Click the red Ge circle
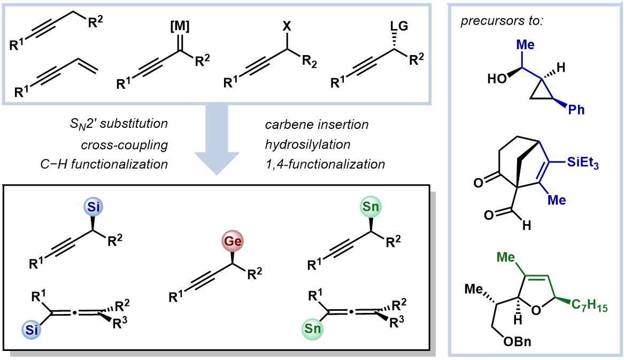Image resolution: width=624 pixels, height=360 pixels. [233, 241]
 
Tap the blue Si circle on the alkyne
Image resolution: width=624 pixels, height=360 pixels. [93, 207]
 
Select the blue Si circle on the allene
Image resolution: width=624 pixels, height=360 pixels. [32, 329]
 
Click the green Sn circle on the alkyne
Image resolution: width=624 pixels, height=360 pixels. [371, 207]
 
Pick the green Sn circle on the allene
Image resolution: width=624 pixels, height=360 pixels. [313, 329]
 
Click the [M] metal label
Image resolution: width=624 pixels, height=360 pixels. [180, 26]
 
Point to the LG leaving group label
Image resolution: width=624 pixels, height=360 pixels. [399, 26]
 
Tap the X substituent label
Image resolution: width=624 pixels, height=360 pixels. [287, 26]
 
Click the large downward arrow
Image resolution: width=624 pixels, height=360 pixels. [217, 140]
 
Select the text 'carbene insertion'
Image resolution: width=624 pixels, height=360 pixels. [317, 125]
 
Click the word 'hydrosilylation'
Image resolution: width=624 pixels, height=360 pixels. [307, 144]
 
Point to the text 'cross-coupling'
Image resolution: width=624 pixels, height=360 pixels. [124, 145]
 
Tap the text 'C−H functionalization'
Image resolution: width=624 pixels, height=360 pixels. [104, 164]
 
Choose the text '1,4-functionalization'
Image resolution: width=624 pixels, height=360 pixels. [325, 164]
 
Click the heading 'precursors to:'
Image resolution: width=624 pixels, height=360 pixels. [502, 21]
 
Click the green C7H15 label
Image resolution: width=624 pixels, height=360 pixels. [589, 306]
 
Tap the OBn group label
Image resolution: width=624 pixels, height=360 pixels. [517, 342]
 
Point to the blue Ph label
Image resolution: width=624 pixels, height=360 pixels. [576, 110]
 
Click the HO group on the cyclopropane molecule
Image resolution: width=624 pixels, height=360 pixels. [497, 79]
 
